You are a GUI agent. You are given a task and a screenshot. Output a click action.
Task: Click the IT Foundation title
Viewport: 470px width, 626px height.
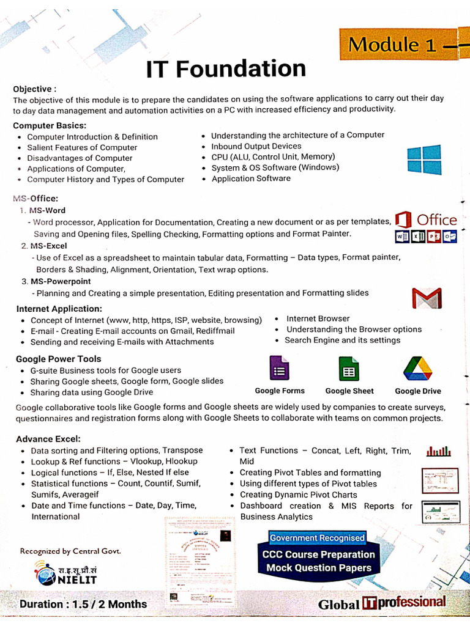click(x=226, y=68)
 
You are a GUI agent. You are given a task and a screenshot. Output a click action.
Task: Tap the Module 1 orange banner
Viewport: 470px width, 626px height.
click(x=404, y=44)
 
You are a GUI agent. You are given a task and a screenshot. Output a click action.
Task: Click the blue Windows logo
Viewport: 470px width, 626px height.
click(x=424, y=160)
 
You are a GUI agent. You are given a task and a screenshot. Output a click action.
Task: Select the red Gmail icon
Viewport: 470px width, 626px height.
click(x=427, y=298)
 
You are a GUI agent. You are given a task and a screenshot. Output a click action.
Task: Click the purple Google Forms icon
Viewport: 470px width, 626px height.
click(x=280, y=369)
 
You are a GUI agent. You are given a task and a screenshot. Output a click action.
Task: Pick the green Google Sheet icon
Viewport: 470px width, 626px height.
click(x=349, y=369)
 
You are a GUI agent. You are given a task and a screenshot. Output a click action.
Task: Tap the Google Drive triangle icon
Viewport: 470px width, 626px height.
click(x=417, y=369)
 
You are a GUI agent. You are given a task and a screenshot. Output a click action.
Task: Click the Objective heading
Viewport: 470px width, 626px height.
click(x=35, y=89)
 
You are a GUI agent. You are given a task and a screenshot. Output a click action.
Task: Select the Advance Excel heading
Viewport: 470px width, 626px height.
click(x=48, y=439)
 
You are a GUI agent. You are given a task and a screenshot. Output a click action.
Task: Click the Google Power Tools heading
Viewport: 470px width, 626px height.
click(x=58, y=359)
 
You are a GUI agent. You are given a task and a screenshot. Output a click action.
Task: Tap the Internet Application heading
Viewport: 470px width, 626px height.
click(x=59, y=309)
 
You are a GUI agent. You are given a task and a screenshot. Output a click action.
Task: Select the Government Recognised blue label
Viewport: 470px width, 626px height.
click(x=317, y=538)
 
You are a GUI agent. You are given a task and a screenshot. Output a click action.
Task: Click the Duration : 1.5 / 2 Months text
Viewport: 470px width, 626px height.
click(x=83, y=604)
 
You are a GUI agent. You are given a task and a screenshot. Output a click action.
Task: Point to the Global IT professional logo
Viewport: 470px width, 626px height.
click(x=381, y=603)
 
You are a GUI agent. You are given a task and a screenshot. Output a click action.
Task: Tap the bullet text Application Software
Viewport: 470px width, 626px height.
click(x=251, y=179)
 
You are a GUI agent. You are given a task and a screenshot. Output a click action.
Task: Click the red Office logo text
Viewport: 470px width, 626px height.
click(x=436, y=220)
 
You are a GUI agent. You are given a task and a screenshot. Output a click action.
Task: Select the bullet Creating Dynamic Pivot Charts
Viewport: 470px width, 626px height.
click(x=298, y=495)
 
